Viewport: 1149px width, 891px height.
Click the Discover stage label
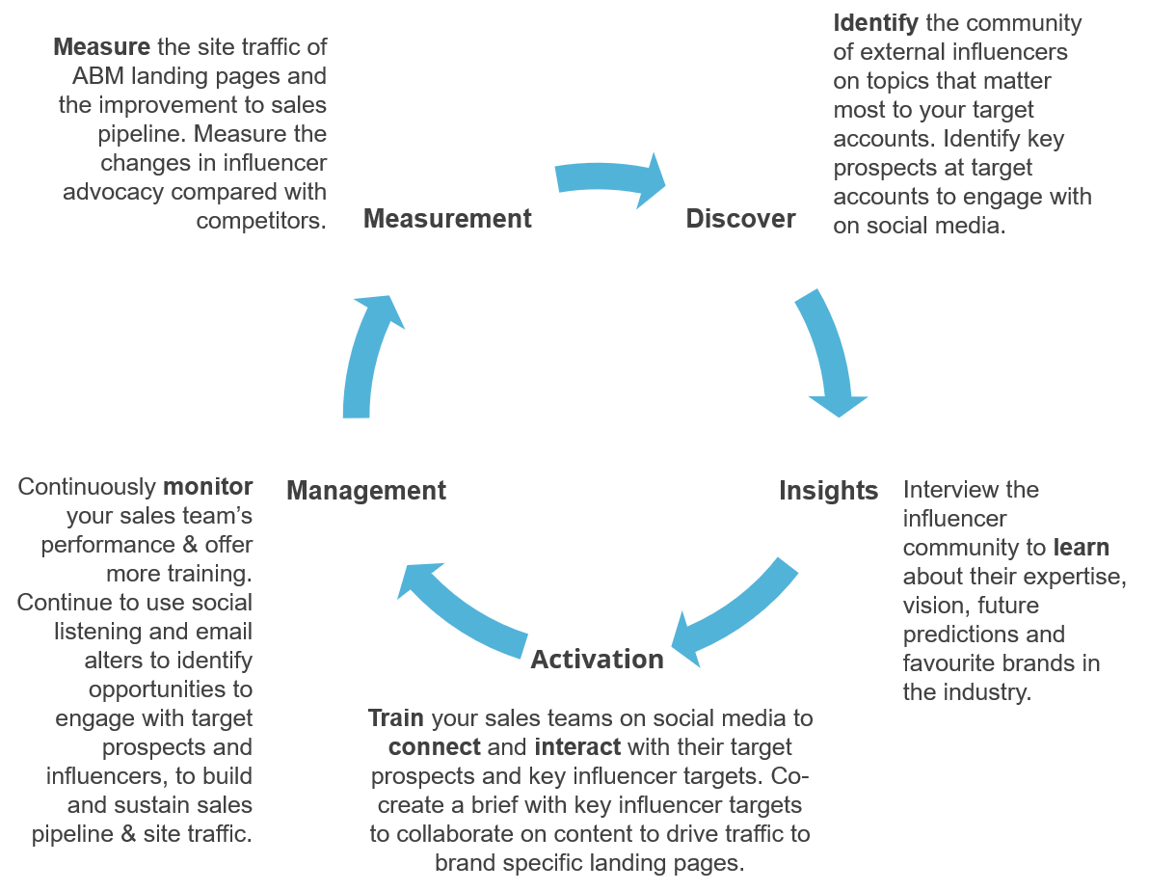pos(740,219)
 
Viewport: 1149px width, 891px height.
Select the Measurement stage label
pos(447,219)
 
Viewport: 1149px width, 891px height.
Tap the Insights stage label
pos(828,491)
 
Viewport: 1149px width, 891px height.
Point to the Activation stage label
pos(597,660)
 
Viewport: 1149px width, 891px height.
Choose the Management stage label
pos(366,491)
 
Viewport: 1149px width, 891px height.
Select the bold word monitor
pos(208,487)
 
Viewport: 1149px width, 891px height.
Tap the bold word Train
pos(395,718)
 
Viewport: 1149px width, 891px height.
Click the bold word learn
pos(1081,548)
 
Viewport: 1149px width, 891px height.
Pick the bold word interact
pos(578,747)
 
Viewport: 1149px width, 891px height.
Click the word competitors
pos(260,220)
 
